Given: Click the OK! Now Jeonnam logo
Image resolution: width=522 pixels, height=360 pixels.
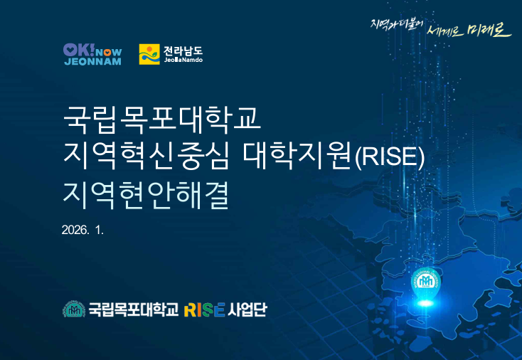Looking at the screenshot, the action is click(92, 54).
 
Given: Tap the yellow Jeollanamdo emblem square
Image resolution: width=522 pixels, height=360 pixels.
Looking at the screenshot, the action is click(149, 54).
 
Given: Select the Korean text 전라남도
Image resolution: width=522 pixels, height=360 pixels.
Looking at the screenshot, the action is click(183, 51).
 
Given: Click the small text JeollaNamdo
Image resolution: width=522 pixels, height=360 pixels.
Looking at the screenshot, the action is click(183, 60).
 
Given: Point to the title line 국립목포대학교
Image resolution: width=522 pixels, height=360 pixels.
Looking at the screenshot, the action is click(162, 120).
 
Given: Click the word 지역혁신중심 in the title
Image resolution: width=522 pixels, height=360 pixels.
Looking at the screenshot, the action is click(146, 156).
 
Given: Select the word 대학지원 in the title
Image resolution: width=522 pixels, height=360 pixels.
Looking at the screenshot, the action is click(297, 156).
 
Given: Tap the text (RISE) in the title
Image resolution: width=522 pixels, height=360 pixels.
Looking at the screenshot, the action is click(390, 157).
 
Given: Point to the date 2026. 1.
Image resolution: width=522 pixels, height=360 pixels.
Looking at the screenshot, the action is click(83, 230).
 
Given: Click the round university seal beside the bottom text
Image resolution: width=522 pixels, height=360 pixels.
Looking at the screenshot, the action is click(74, 309).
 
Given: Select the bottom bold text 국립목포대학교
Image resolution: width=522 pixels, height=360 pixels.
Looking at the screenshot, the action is click(134, 309).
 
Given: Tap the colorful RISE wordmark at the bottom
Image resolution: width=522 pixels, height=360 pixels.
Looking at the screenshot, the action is click(204, 309).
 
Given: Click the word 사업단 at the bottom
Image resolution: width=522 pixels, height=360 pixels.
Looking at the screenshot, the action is click(247, 309).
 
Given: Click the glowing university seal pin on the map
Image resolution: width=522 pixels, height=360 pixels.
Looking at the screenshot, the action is click(426, 282).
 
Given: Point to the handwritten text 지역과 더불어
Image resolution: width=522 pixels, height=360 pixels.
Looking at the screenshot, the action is click(397, 24).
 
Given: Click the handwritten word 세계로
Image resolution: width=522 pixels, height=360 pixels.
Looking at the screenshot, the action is click(444, 31).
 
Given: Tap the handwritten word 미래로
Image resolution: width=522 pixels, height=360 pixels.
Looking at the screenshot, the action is click(489, 29).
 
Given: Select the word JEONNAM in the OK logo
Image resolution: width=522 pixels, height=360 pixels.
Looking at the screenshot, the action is click(93, 62).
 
